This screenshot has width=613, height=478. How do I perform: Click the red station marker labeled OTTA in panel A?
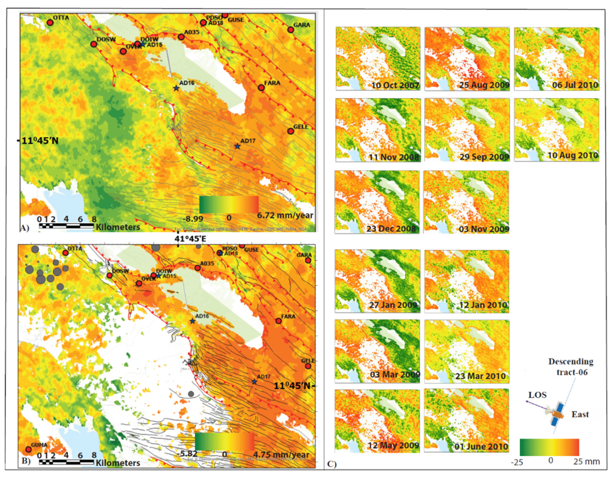click(x=50, y=22)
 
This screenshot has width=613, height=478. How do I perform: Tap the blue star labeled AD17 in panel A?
click(x=237, y=146)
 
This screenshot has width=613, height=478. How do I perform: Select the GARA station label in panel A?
click(x=302, y=25)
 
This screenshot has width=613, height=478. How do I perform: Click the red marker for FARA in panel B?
click(x=278, y=321)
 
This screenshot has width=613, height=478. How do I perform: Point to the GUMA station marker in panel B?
click(x=28, y=449)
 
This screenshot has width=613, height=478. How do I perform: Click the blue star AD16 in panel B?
click(x=192, y=321)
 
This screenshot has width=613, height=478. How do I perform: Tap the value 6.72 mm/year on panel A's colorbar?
click(x=285, y=216)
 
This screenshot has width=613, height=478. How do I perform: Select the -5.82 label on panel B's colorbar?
click(x=187, y=454)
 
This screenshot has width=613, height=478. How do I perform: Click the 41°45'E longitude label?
click(x=190, y=239)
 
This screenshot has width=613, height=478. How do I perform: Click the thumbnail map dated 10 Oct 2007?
click(x=378, y=58)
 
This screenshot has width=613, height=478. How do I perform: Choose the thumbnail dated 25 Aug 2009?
click(x=467, y=58)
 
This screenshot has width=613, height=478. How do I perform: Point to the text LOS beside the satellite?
click(x=537, y=395)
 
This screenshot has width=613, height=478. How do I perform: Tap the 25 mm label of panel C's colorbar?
click(x=586, y=461)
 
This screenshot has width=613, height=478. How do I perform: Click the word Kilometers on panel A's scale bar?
click(x=118, y=227)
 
